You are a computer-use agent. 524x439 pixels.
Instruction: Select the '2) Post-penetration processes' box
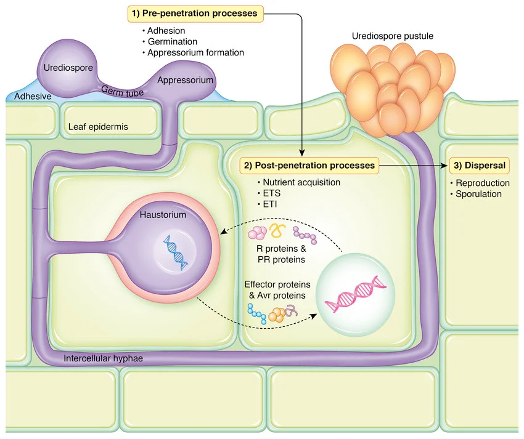coord(309,166)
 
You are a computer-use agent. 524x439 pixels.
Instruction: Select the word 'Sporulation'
coord(478,194)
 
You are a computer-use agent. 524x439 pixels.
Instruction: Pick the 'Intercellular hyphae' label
coord(104,357)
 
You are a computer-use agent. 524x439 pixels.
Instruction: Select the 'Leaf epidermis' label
coord(103,127)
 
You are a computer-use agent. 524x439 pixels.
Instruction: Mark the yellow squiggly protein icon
coord(277,232)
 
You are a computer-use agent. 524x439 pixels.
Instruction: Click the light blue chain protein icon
coord(257,315)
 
